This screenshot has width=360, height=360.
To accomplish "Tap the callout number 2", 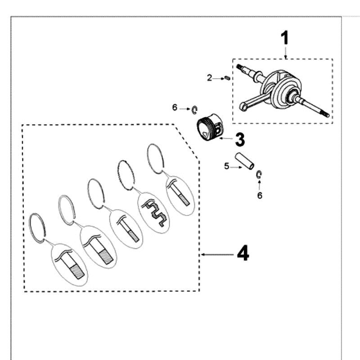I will (209, 78).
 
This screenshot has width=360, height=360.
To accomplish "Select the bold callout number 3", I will (240, 140).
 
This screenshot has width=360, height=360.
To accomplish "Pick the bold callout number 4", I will (243, 254).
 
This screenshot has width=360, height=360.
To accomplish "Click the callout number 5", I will (227, 166).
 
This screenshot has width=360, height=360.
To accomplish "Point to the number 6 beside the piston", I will (175, 108).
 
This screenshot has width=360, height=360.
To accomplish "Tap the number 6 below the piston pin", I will (259, 196).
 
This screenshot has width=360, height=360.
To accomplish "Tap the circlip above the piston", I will (194, 109).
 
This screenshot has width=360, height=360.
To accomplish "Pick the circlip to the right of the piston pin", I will (259, 175).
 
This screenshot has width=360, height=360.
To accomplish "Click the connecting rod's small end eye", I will (243, 107).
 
